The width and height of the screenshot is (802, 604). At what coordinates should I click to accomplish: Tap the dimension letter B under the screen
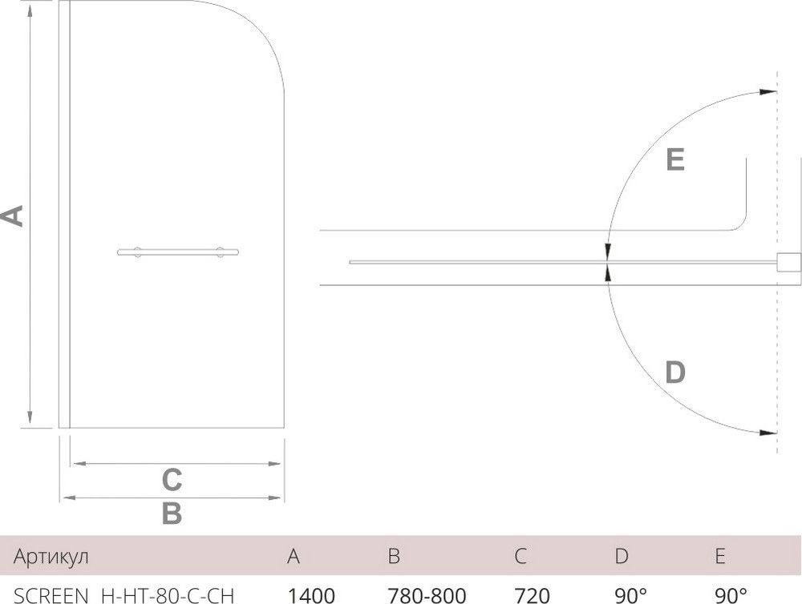tap(172, 513)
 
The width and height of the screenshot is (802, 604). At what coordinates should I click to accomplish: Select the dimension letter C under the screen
tap(172, 479)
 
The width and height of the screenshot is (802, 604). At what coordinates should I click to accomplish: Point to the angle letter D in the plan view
tap(675, 372)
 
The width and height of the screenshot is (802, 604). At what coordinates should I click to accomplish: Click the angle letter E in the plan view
tap(674, 160)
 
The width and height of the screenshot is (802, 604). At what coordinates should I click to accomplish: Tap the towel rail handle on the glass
tap(178, 253)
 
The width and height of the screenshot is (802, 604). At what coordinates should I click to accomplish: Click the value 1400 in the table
tap(310, 594)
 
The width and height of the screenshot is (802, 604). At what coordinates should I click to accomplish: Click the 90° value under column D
tap(631, 594)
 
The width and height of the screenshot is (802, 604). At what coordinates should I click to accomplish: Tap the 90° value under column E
tap(730, 594)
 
